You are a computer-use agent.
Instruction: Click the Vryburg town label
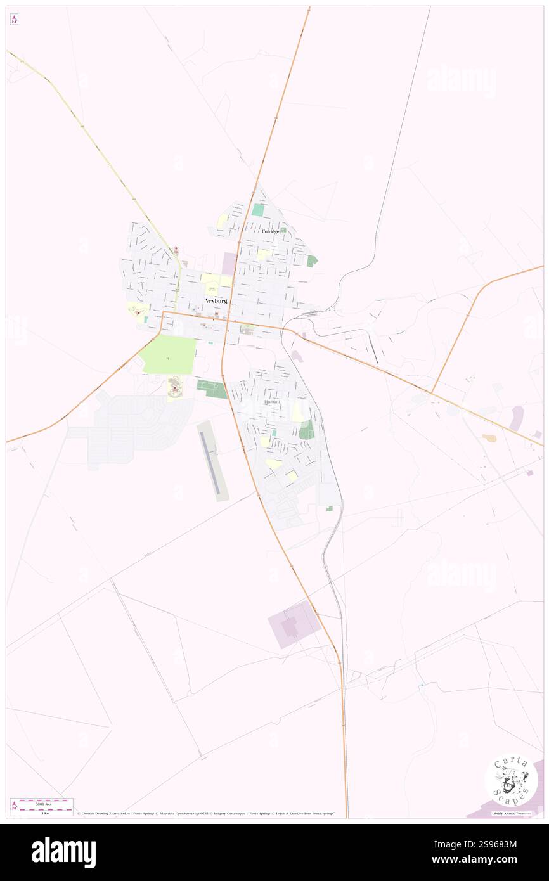216,300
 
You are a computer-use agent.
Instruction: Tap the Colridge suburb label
271,231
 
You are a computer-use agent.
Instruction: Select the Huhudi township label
271,402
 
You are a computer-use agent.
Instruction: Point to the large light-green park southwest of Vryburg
169,355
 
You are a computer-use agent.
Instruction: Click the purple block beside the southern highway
294,624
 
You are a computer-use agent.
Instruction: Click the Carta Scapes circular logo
511,780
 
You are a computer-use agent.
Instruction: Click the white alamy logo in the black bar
63,852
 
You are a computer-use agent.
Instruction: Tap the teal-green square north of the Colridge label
257,210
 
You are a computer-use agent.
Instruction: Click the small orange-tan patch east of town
489,437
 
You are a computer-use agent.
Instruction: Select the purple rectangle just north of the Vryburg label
229,263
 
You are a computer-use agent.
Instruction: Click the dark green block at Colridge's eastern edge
311,260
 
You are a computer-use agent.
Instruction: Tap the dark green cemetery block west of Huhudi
211,389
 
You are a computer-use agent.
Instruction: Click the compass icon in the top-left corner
14,20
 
